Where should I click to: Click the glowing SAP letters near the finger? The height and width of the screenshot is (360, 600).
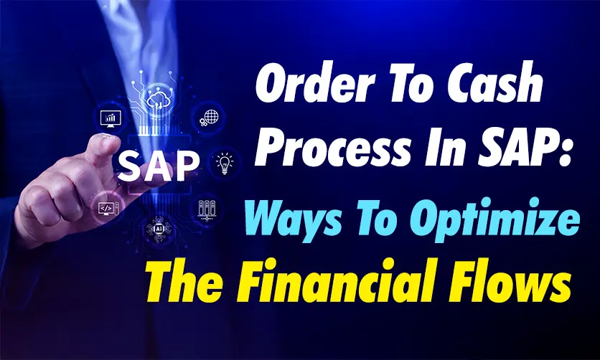coord(159,166)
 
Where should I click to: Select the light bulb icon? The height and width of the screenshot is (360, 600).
coord(224,164)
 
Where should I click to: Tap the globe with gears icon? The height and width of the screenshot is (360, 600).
coord(209,118)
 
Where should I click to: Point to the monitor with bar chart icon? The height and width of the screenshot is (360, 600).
coord(111,118)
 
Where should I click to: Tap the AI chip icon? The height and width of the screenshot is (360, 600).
coord(159,229)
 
